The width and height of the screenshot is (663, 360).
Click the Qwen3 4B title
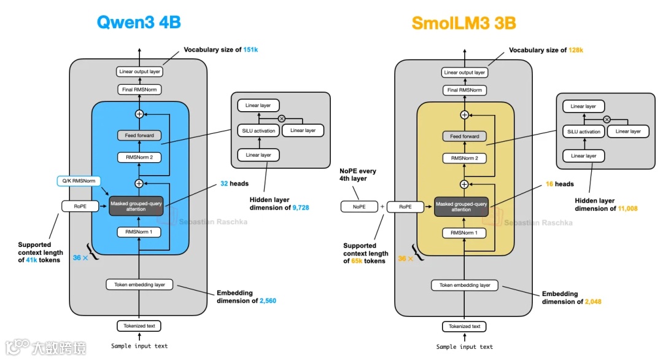pyautogui.click(x=139, y=22)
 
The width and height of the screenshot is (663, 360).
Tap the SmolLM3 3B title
pyautogui.click(x=464, y=23)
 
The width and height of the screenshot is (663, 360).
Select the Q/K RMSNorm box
pyautogui.click(x=79, y=181)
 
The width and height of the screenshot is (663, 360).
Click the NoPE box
pyautogui.click(x=359, y=207)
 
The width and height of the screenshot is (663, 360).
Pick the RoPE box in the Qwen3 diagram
pyautogui.click(x=80, y=206)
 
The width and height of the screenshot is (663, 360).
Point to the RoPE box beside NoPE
pyautogui.click(x=405, y=207)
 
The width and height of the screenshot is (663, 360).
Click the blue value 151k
pyautogui.click(x=250, y=50)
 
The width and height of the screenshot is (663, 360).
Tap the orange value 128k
pyautogui.click(x=575, y=50)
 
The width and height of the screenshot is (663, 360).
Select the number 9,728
pyautogui.click(x=301, y=208)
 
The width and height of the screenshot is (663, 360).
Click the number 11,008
pyautogui.click(x=627, y=208)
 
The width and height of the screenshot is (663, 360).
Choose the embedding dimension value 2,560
pyautogui.click(x=268, y=301)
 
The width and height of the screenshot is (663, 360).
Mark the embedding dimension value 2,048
pyautogui.click(x=593, y=302)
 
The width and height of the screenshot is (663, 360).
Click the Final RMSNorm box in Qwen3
pyautogui.click(x=139, y=90)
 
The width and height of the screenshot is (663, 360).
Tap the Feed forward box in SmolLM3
pyautogui.click(x=464, y=136)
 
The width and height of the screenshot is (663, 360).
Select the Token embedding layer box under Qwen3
pyautogui.click(x=139, y=284)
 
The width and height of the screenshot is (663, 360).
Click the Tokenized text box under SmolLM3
pyautogui.click(x=464, y=327)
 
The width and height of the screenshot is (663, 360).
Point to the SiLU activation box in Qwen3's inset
pyautogui.click(x=258, y=131)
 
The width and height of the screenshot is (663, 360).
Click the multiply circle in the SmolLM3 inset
pyautogui.click(x=607, y=120)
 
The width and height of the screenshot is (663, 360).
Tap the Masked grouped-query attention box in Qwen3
pyautogui.click(x=136, y=206)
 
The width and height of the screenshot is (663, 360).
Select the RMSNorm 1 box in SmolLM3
pyautogui.click(x=464, y=233)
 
